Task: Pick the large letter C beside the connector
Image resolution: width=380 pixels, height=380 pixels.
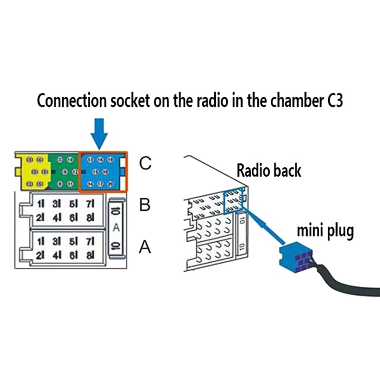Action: (146, 164)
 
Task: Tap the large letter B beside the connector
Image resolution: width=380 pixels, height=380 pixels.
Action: (146, 205)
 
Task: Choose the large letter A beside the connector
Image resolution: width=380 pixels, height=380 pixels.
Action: (146, 247)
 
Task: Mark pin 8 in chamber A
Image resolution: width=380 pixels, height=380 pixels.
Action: (91, 255)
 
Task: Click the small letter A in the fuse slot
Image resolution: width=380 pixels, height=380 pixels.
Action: (115, 228)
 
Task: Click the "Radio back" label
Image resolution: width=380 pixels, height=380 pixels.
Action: (269, 171)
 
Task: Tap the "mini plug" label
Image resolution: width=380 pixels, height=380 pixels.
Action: (325, 231)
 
